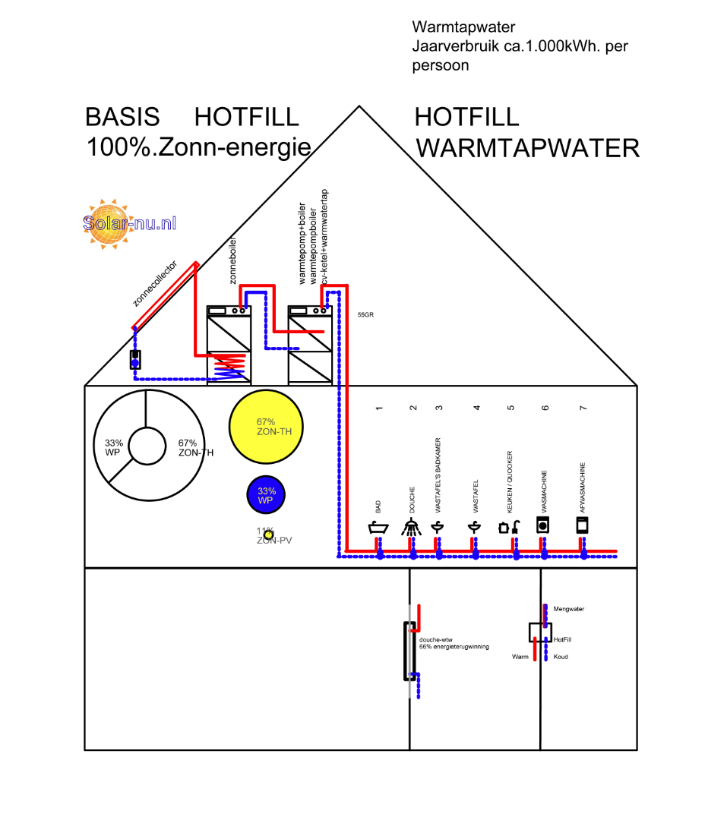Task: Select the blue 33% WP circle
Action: click(265, 495)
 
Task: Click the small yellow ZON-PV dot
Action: click(267, 535)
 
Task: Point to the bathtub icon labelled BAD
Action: click(378, 527)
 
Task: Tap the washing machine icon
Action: click(542, 525)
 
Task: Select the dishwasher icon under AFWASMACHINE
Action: click(583, 525)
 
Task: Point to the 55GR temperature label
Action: click(365, 314)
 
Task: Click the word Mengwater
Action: click(568, 609)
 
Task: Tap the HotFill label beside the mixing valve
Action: click(562, 639)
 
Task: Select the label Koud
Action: click(560, 657)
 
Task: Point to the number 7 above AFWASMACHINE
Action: click(583, 408)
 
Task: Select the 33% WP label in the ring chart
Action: click(113, 448)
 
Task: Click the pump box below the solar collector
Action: click(135, 358)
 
